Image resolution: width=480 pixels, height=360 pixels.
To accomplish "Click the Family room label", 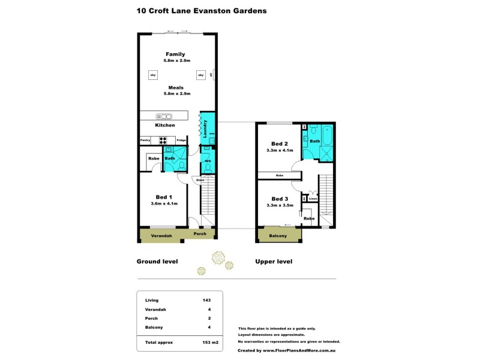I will (x=175, y=54).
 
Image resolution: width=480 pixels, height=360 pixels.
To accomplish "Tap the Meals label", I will (x=175, y=88).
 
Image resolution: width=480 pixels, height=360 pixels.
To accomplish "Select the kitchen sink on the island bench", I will (x=164, y=116).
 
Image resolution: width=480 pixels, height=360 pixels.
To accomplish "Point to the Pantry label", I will (x=145, y=140).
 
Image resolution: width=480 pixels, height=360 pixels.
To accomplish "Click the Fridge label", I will (x=181, y=140).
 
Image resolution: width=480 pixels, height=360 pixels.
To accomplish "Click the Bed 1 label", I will (x=164, y=197).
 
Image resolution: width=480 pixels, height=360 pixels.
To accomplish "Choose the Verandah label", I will (x=161, y=236).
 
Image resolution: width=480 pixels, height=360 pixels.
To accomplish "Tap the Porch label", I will (x=200, y=233).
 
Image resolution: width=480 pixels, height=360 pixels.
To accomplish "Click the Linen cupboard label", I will (x=313, y=198).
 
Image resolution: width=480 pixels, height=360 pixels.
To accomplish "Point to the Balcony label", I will (x=277, y=236).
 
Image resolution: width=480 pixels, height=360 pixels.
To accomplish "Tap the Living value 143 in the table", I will (x=207, y=300).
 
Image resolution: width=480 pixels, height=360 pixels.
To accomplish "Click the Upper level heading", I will (x=274, y=262).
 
